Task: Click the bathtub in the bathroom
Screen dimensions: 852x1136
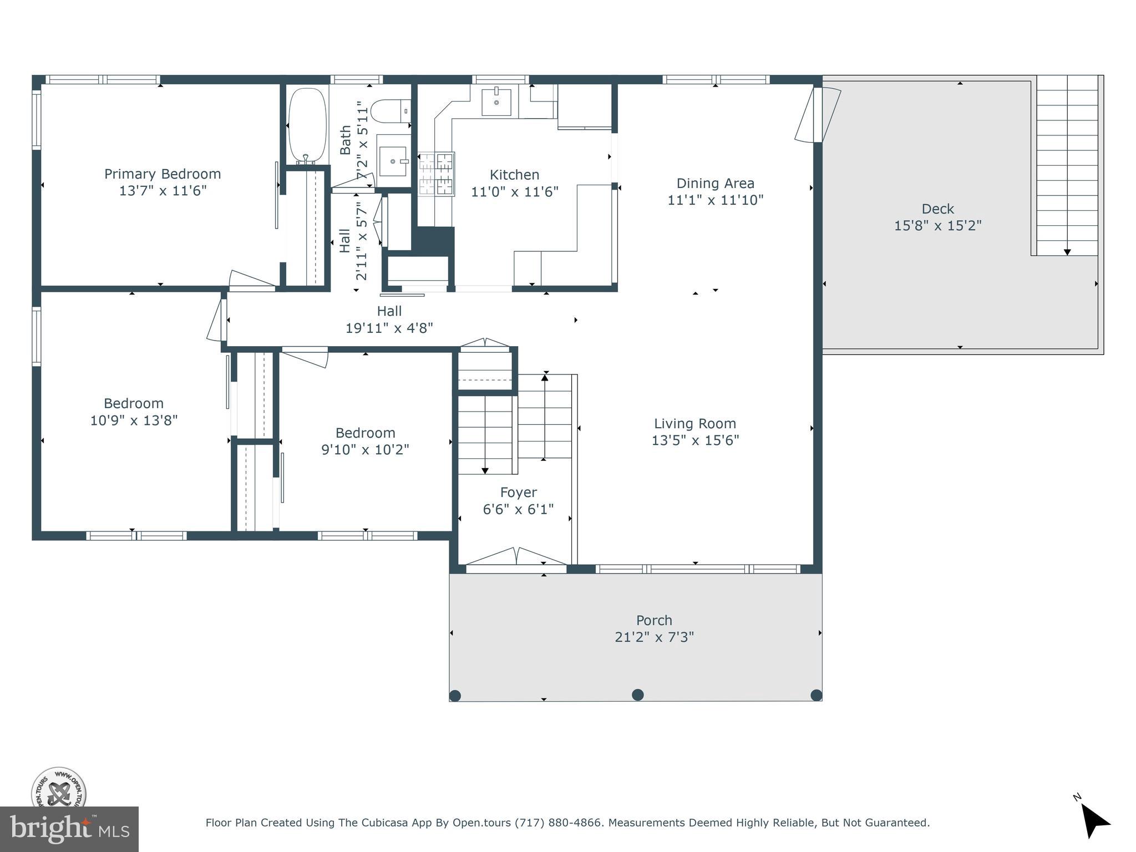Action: coord(307,125)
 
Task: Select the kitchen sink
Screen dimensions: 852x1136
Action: coord(496,102)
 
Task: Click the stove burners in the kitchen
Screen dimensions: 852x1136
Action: coord(436,174)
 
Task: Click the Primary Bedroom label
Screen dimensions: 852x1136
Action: coord(163,174)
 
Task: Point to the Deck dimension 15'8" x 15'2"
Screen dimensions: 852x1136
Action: coord(937,226)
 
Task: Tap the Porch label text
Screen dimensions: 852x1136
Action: coord(654,620)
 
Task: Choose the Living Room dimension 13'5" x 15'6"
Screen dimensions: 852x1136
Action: coord(695,440)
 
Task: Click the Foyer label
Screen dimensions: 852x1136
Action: coord(518,493)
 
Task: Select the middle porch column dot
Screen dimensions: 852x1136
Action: coord(638,694)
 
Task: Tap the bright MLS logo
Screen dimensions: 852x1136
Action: coord(69,829)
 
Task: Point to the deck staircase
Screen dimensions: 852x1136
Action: coord(1067,166)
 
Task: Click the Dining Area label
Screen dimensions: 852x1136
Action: coord(715,183)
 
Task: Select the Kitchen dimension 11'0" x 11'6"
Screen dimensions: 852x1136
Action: coord(514,192)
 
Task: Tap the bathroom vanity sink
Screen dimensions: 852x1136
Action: coord(393,161)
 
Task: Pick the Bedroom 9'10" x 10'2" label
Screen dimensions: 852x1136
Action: coord(365,433)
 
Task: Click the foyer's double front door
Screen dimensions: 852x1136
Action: coord(516,557)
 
